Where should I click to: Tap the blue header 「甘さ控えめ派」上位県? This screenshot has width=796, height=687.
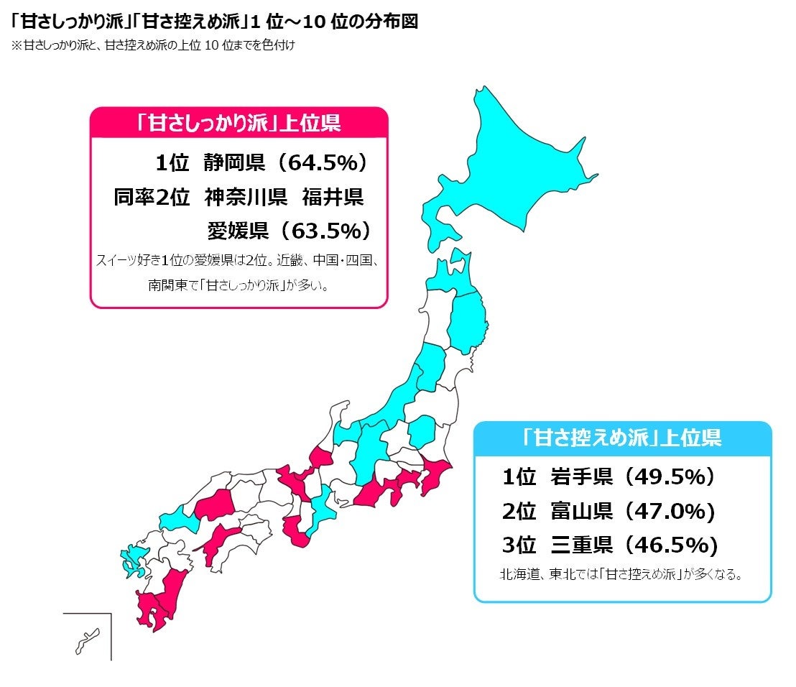[x=622, y=437]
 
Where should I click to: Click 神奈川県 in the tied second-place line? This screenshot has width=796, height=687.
[x=246, y=197]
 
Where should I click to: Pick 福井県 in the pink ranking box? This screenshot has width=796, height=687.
[x=333, y=197]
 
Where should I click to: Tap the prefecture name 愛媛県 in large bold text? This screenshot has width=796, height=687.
[x=237, y=231]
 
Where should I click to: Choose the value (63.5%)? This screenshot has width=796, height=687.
[x=325, y=231]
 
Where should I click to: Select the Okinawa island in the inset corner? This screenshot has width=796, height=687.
[x=87, y=639]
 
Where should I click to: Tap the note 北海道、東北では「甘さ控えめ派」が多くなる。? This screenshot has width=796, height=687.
[x=621, y=575]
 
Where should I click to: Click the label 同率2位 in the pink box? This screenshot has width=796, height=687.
[x=151, y=197]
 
